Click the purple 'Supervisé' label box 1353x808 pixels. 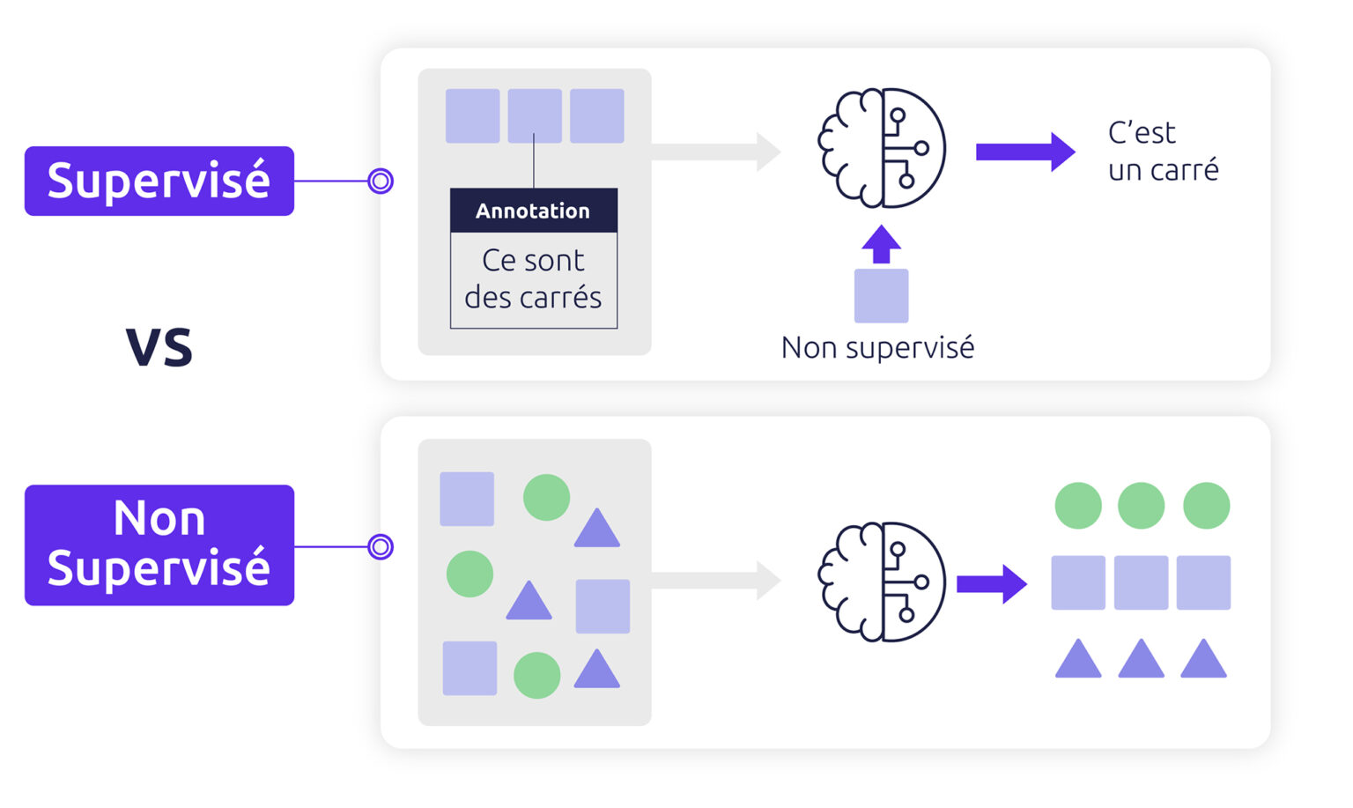(159, 181)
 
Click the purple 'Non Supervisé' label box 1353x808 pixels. (159, 545)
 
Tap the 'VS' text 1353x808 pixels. (159, 346)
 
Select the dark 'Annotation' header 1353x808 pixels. (533, 211)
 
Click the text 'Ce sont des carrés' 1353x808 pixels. (533, 279)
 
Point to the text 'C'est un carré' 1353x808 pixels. (1163, 152)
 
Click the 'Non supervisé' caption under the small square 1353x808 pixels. (877, 347)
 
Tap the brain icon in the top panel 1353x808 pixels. (882, 148)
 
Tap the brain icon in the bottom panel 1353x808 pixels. (882, 582)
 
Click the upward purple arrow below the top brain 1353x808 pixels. (881, 245)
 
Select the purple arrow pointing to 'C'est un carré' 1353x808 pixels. (1024, 152)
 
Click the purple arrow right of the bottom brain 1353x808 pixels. (992, 583)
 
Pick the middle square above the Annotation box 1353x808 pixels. (535, 115)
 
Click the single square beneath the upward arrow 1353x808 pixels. (881, 295)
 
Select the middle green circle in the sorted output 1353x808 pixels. (1141, 506)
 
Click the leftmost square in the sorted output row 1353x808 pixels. (1078, 582)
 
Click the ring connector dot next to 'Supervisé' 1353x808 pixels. (381, 181)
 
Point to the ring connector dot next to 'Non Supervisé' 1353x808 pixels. (381, 546)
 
